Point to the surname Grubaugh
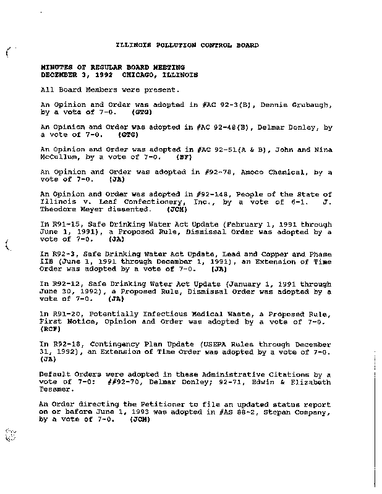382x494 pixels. [312, 106]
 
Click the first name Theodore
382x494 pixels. [61, 209]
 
